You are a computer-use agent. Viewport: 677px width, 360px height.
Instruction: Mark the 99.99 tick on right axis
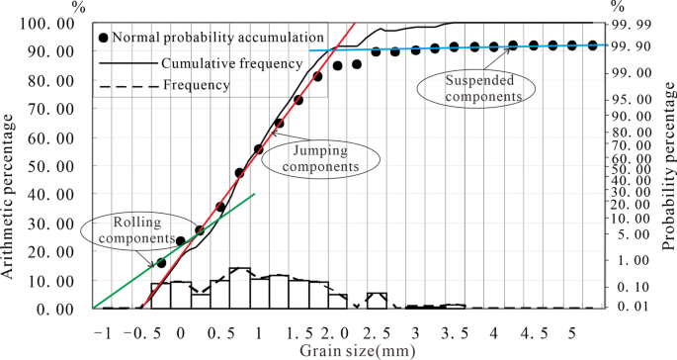631,23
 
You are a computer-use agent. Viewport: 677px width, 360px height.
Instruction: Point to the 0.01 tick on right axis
631,308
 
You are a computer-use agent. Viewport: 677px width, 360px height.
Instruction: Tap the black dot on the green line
161,263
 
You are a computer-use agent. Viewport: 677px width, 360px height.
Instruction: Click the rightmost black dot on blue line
592,45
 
